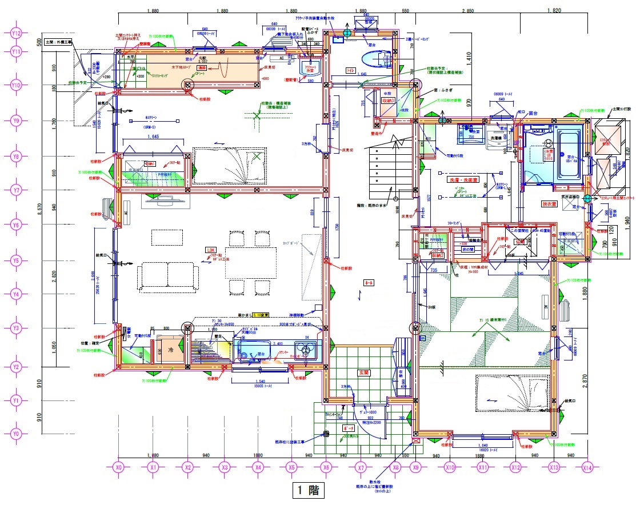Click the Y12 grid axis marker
coord(16,34)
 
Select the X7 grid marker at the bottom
coord(360,467)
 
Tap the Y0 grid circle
coord(16,434)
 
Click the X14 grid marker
coord(587,467)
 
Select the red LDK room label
coord(211,250)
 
